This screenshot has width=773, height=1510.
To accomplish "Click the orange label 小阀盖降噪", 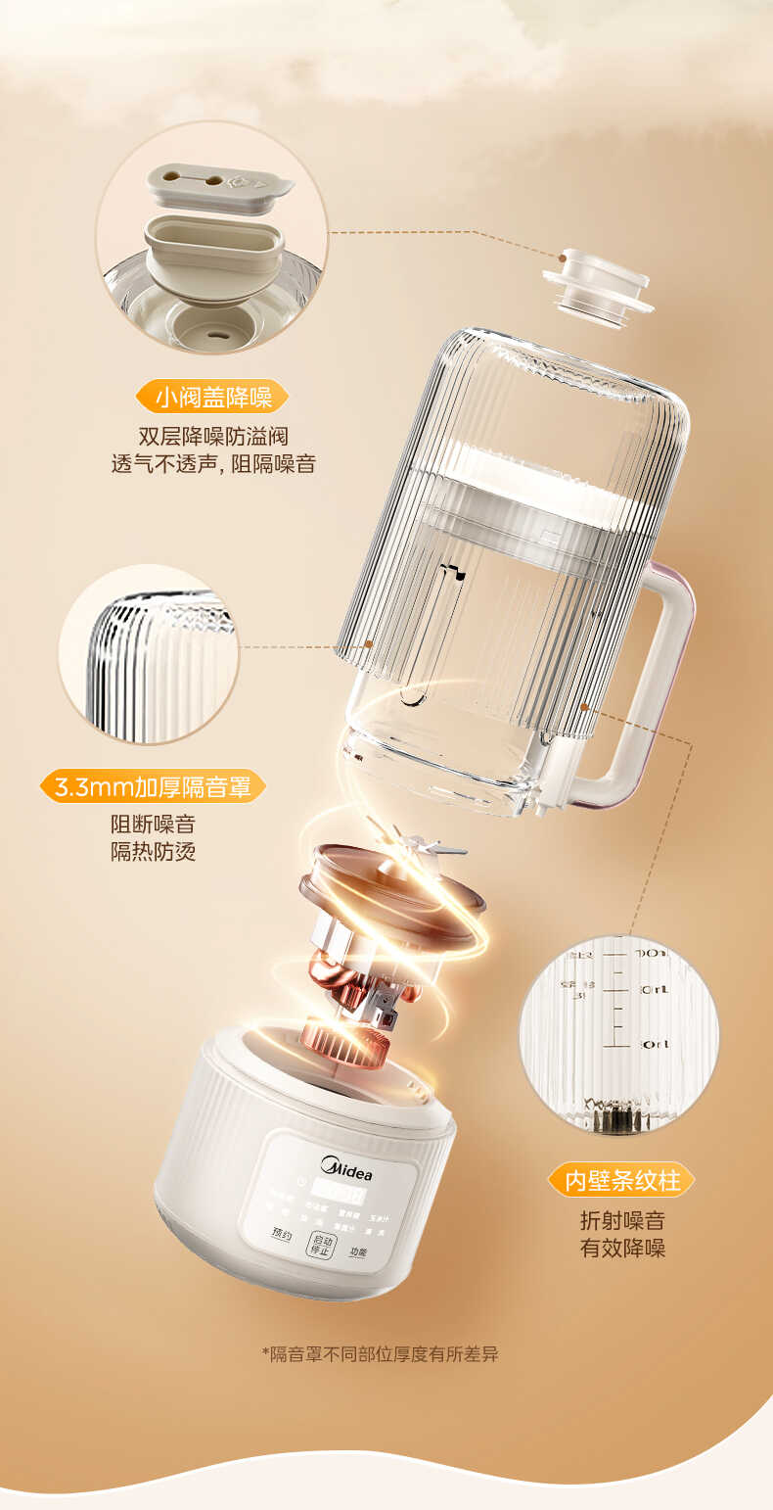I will pyautogui.click(x=212, y=397).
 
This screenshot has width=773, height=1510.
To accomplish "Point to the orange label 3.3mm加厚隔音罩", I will pyautogui.click(x=153, y=786).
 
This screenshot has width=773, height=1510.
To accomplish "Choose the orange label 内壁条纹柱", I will pyautogui.click(x=621, y=1180).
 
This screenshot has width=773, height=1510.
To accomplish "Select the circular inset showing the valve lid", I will pyautogui.click(x=211, y=236).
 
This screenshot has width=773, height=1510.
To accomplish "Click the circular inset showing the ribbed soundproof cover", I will pyautogui.click(x=149, y=653).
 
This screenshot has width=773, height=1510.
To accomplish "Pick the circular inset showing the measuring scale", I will pyautogui.click(x=618, y=1034).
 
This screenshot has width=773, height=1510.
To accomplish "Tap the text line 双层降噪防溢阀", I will pyautogui.click(x=212, y=437).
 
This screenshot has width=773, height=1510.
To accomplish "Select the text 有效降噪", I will pyautogui.click(x=622, y=1249).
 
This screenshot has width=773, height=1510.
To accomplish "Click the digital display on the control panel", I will pyautogui.click(x=338, y=1196).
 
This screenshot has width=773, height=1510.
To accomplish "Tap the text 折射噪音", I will pyautogui.click(x=622, y=1221).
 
